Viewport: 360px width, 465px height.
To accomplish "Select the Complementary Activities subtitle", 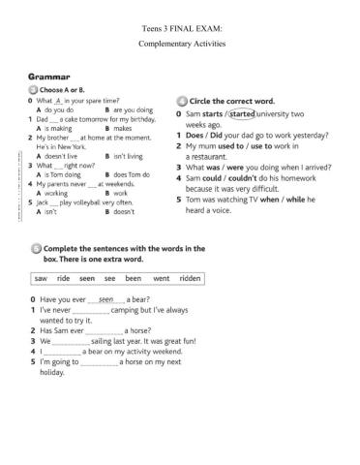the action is pos(181,46).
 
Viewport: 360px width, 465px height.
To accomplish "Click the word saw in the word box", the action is pos(40,278).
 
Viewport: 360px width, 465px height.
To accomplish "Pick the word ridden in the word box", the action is pos(190,278).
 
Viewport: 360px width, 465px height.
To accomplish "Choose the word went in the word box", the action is pos(161,278).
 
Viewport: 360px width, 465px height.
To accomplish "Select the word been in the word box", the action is pos(133,278).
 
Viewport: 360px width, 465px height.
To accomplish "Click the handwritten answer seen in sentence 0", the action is pos(106,300).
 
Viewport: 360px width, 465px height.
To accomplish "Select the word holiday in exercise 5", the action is pos(52,373).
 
